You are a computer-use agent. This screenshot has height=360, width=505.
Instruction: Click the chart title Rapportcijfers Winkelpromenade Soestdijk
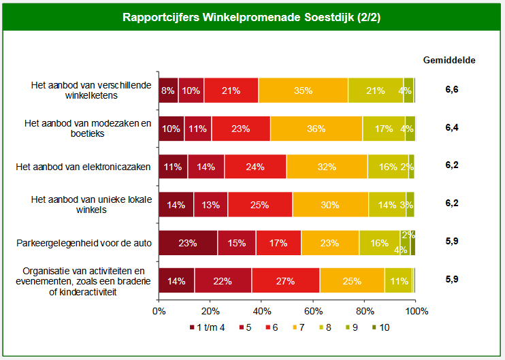click(x=252, y=17)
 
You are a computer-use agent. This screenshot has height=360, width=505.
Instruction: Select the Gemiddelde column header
click(x=449, y=59)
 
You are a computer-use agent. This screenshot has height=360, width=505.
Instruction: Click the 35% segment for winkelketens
click(x=303, y=91)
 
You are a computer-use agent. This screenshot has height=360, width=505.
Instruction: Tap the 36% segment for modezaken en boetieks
click(x=316, y=128)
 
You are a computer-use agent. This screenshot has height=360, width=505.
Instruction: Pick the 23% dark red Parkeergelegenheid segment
click(x=188, y=242)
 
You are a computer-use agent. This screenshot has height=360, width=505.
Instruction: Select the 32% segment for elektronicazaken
click(x=327, y=166)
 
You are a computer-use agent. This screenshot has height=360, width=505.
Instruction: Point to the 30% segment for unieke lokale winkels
click(x=331, y=204)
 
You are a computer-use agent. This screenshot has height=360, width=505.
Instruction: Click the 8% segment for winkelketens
click(x=168, y=91)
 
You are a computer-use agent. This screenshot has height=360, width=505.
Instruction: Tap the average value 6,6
click(x=451, y=89)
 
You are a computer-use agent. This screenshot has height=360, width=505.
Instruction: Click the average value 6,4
click(x=451, y=127)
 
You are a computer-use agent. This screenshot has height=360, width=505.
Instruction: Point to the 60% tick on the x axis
click(x=313, y=311)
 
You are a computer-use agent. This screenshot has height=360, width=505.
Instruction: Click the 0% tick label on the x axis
click(x=159, y=311)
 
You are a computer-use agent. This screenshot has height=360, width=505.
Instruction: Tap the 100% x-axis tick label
click(x=417, y=311)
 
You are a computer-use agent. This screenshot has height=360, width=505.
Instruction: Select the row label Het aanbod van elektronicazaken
click(x=83, y=166)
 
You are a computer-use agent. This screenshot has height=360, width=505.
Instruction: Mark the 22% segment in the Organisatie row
click(x=223, y=280)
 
